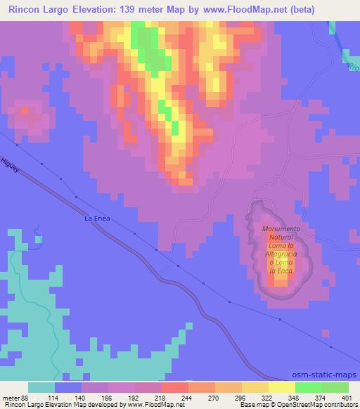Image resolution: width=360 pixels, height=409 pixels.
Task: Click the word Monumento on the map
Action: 281,229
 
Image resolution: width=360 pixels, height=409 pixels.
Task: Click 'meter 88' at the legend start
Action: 15,397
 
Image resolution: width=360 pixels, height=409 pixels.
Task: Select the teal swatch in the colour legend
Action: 41,387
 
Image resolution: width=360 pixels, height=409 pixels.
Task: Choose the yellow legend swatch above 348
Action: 282,387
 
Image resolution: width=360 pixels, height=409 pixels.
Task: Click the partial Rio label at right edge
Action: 353,67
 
